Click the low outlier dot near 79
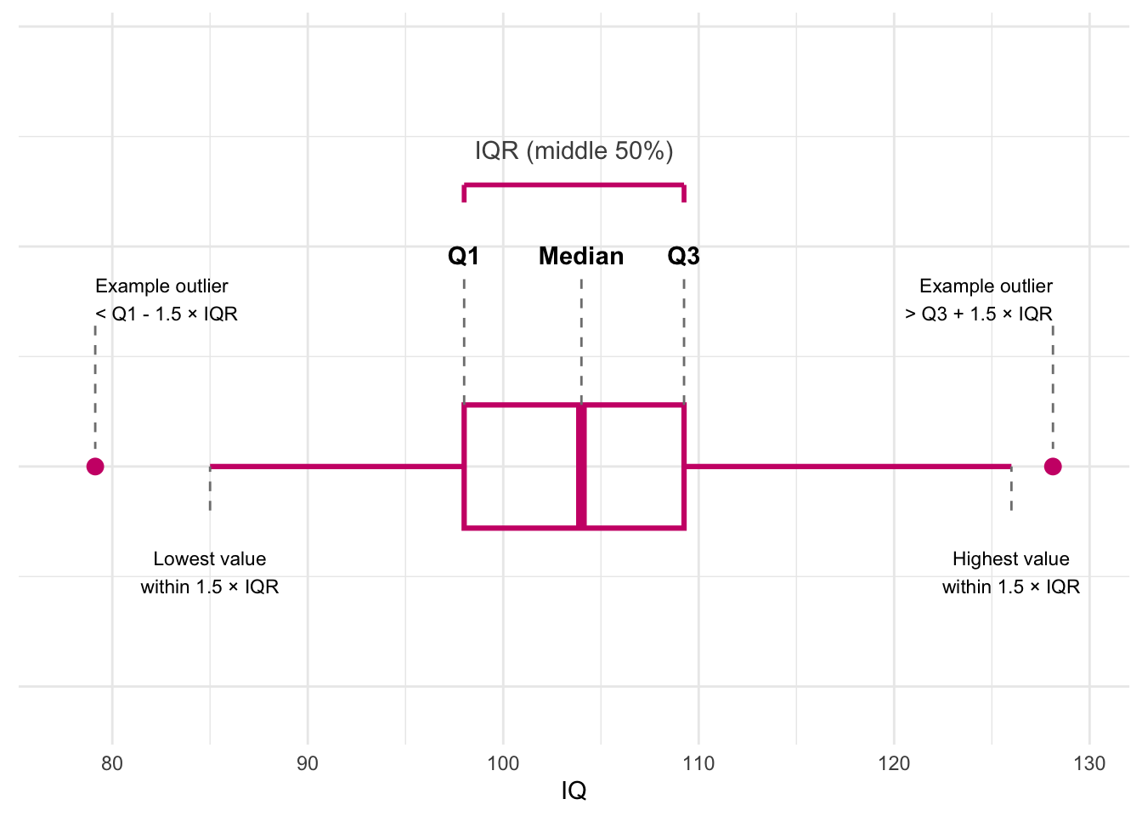tap(95, 466)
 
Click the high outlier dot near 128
tap(1053, 466)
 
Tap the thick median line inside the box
tap(581, 466)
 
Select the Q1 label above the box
tap(464, 256)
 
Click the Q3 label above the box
tap(683, 256)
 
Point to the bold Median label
tap(581, 256)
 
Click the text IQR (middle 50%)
tap(574, 151)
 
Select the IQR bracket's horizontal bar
tap(574, 184)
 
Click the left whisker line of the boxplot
tap(336, 466)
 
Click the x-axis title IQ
tap(574, 790)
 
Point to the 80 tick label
tap(112, 763)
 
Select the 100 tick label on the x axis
tap(503, 763)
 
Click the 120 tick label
tap(894, 763)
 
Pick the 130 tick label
tap(1089, 763)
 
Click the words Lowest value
tap(210, 558)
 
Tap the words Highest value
tap(1011, 558)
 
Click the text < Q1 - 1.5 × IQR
tap(167, 314)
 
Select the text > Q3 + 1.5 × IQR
tap(979, 314)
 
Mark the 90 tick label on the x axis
tap(308, 763)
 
